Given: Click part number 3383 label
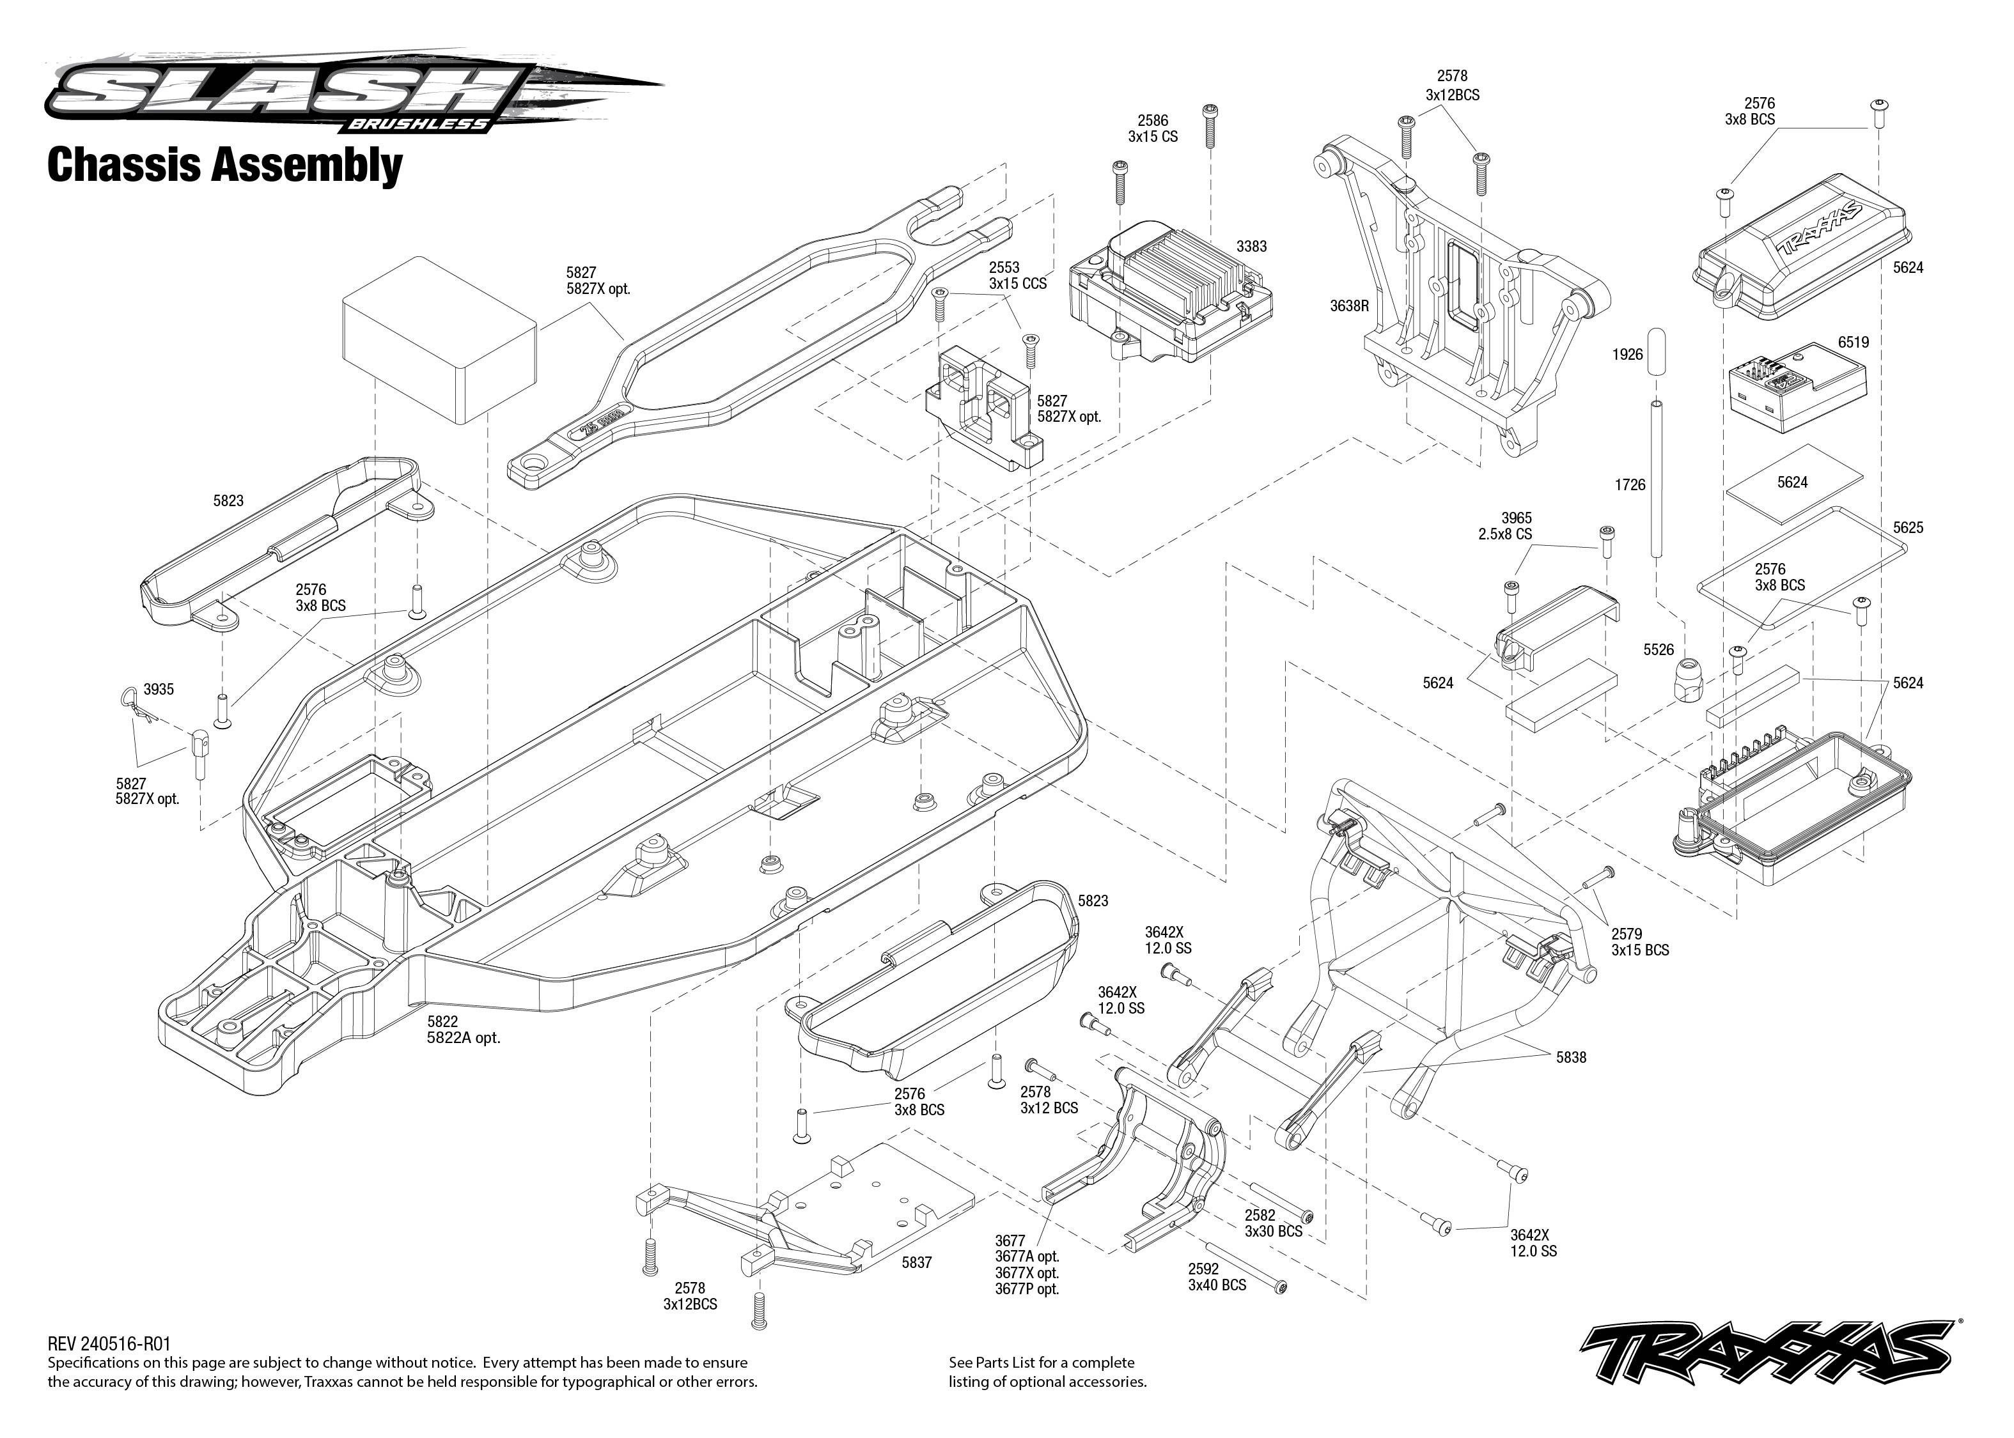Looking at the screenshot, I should click(1251, 246).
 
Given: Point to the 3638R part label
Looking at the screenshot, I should click(1349, 306).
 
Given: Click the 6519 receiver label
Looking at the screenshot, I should click(1853, 342).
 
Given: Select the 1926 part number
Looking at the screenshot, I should click(1627, 354).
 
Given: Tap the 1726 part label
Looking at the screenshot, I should click(1630, 484).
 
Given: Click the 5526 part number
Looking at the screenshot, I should click(1658, 650).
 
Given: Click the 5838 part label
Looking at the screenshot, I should click(1571, 1057).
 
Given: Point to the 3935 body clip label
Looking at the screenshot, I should click(159, 689).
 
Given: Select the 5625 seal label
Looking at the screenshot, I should click(1908, 528).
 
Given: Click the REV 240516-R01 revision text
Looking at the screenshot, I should click(109, 1343).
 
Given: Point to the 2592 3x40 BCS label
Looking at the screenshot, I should click(1217, 1277).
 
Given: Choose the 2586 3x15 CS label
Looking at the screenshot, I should click(1152, 128).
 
